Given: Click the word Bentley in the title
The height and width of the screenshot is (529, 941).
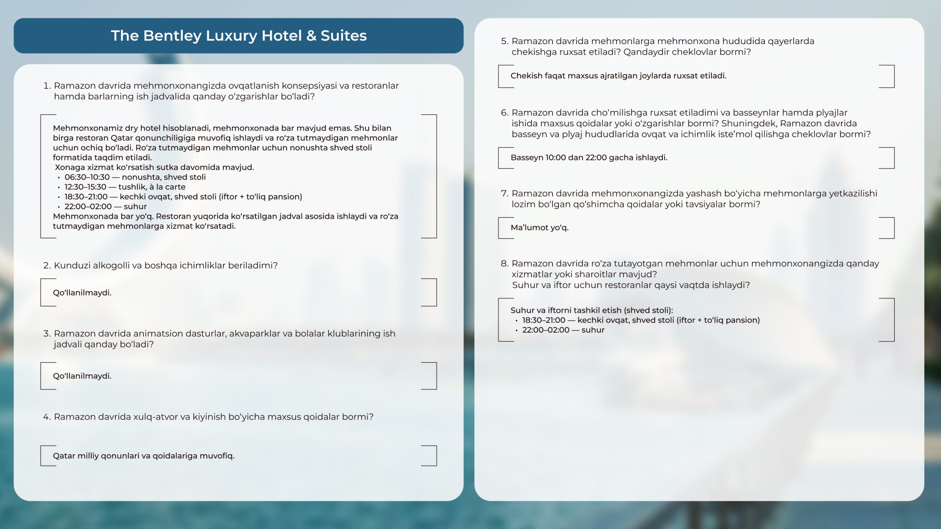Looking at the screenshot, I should (172, 36).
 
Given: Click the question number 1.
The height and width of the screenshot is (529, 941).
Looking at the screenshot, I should (46, 86).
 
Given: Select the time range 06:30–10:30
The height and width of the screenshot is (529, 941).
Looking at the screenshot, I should (87, 177).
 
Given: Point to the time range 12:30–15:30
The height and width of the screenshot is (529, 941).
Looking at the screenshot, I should (85, 187).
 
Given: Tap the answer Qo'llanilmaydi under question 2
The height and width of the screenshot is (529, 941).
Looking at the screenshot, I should (82, 293).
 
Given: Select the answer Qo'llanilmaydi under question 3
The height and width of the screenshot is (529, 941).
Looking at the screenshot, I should (82, 376).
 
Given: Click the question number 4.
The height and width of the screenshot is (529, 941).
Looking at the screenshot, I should (46, 417).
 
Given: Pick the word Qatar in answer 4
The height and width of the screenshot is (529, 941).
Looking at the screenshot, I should (63, 456).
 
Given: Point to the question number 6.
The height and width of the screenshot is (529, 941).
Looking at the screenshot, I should (504, 113).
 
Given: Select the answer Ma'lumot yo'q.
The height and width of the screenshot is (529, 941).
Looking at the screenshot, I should (539, 228).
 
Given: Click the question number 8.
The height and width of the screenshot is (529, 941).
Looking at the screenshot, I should (504, 264).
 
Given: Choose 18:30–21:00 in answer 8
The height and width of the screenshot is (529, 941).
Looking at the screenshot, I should (544, 320).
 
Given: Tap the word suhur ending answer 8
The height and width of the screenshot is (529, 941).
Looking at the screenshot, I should (593, 330).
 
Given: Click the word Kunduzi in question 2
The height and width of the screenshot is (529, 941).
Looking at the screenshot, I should (72, 266).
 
